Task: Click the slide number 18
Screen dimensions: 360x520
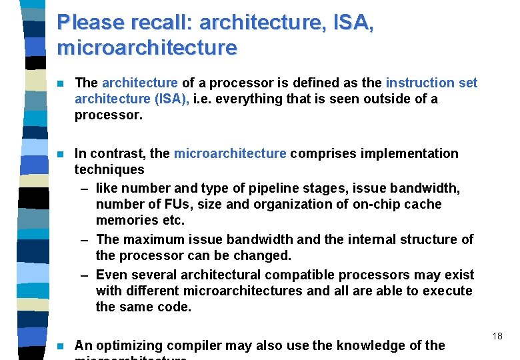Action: pos(497,337)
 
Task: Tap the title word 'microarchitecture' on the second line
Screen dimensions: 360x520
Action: pos(147,48)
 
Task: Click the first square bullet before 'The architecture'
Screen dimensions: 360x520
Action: pos(61,83)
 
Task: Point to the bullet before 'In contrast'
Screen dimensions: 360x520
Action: pos(61,154)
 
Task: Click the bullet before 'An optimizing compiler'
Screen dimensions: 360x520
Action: pos(61,346)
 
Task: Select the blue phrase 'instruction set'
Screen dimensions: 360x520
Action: pos(431,83)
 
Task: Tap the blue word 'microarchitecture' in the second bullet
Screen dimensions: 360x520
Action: pos(230,153)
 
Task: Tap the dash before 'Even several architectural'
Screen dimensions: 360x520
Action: pos(85,275)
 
